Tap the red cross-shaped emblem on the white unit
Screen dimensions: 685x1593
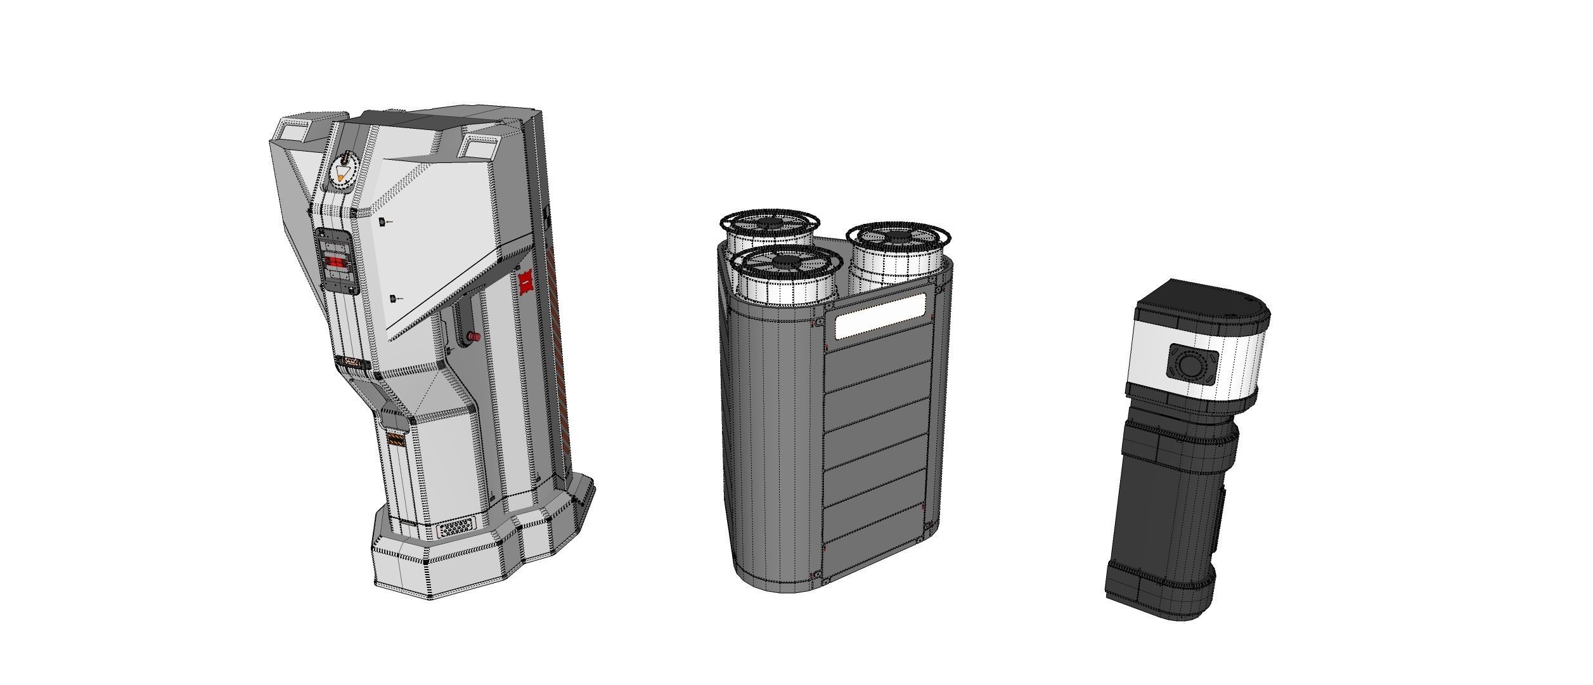tap(525, 284)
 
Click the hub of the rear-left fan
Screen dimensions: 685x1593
tap(770, 224)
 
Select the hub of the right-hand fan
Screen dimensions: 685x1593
tap(894, 237)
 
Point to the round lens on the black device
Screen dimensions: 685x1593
tap(1190, 365)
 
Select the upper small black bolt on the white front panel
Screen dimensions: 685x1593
tap(382, 222)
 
